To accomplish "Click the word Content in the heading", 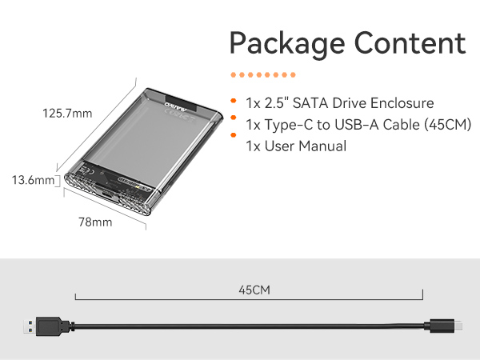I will click(406, 42).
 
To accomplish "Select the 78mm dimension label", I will click(96, 222).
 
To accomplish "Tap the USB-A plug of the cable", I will click(38, 326).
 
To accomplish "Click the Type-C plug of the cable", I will click(446, 326).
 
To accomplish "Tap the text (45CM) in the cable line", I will click(443, 125).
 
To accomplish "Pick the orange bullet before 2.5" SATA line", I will click(233, 102).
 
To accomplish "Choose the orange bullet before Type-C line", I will click(233, 124).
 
